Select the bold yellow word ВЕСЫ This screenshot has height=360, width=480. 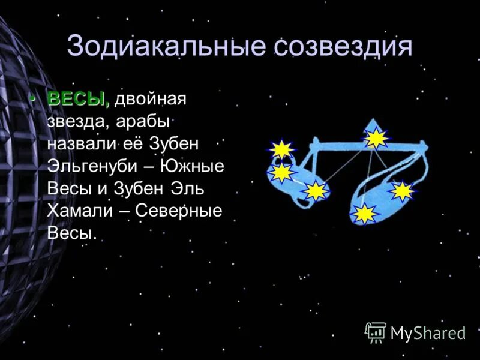[78, 99]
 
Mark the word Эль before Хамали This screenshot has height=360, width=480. [187, 189]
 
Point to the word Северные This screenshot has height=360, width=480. [179, 211]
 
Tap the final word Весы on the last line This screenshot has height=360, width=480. [71, 233]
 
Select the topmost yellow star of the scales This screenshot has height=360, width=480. [376, 139]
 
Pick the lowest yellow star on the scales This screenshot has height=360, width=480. [364, 214]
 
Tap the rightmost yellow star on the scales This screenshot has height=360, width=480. [402, 191]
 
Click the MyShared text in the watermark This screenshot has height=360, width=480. [428, 333]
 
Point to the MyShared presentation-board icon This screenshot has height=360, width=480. [376, 332]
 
